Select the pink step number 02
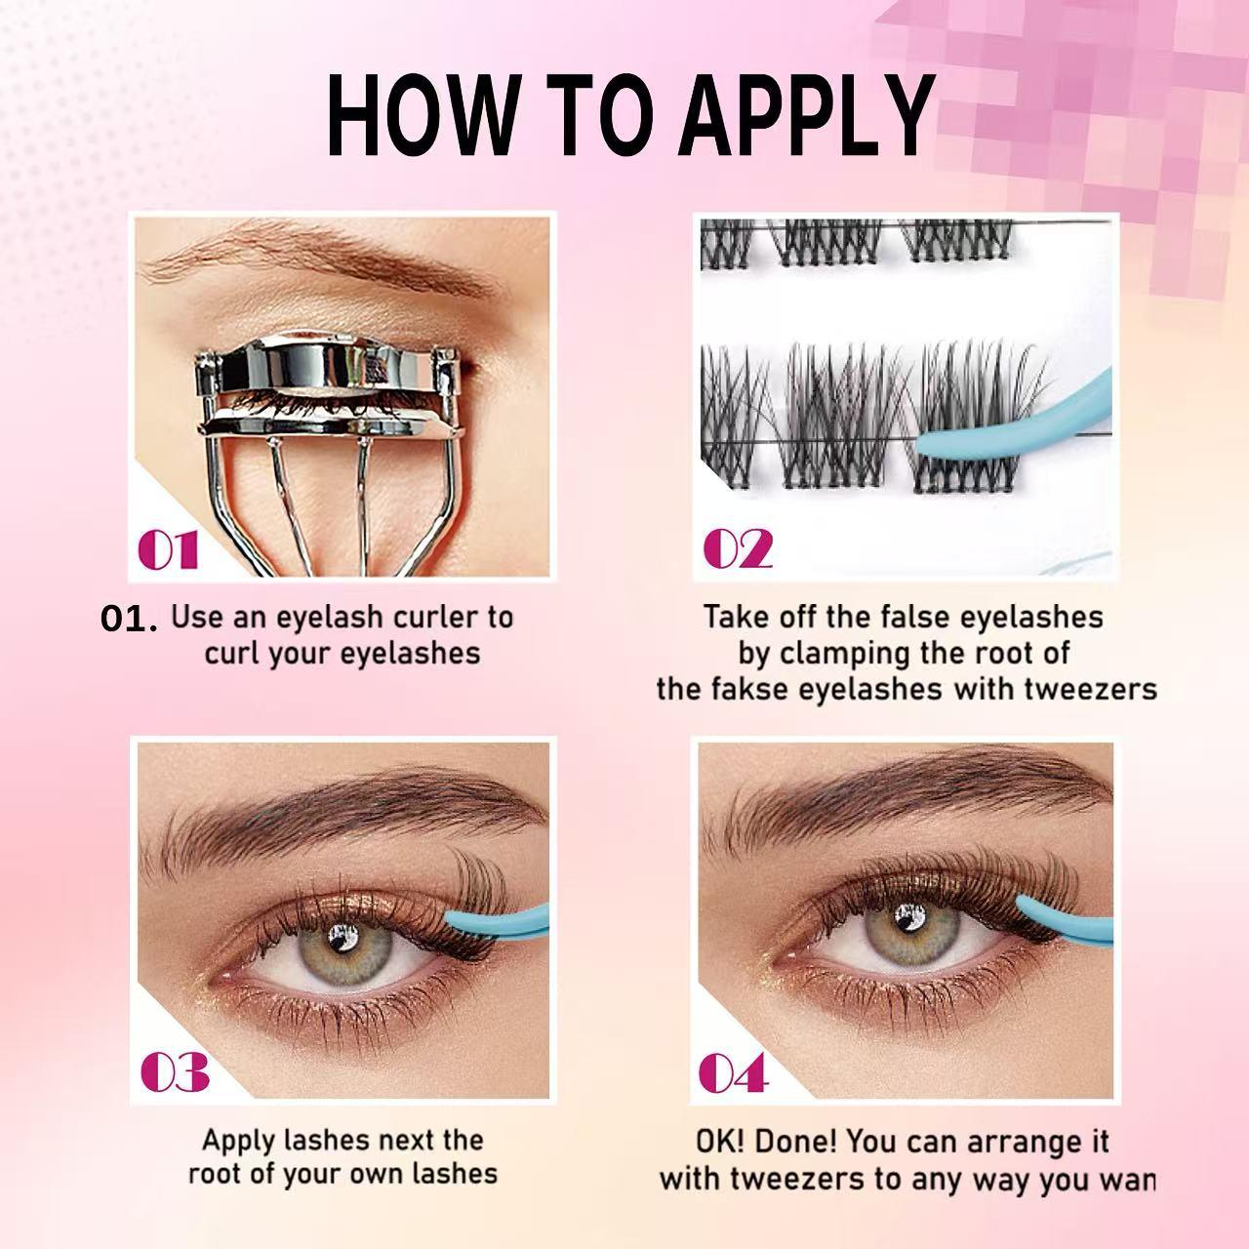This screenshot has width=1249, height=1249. click(738, 549)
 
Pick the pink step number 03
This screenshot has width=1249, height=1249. click(176, 1073)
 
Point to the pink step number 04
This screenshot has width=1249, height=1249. click(734, 1073)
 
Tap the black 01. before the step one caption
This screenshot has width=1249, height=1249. click(128, 620)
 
